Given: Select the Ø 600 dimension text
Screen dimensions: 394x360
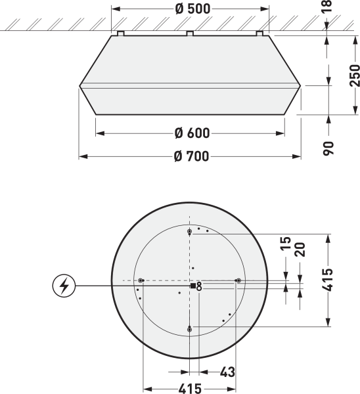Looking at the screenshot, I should point(192,133).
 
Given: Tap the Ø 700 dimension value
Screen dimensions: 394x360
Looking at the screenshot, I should point(192,156).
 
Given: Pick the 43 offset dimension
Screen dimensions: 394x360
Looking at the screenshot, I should point(227,372).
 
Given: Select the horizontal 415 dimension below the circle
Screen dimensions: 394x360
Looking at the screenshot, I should point(190,388).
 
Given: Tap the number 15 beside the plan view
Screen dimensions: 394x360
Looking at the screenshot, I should point(285,245).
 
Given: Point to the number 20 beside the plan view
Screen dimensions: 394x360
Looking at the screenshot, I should point(300,249).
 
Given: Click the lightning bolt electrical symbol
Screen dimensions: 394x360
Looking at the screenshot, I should point(64,286).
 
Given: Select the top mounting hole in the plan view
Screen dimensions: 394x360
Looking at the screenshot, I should point(189,232).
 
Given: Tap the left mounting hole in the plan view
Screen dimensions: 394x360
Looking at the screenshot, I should point(141,280).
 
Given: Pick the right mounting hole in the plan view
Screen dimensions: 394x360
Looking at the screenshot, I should point(238,280).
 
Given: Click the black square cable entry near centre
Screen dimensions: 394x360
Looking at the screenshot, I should point(192,286).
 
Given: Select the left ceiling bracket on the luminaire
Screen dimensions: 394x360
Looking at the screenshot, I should point(120,32).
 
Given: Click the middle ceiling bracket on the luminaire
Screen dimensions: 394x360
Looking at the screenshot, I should point(189,32).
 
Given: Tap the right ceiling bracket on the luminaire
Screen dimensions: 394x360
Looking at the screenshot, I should point(259,32).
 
